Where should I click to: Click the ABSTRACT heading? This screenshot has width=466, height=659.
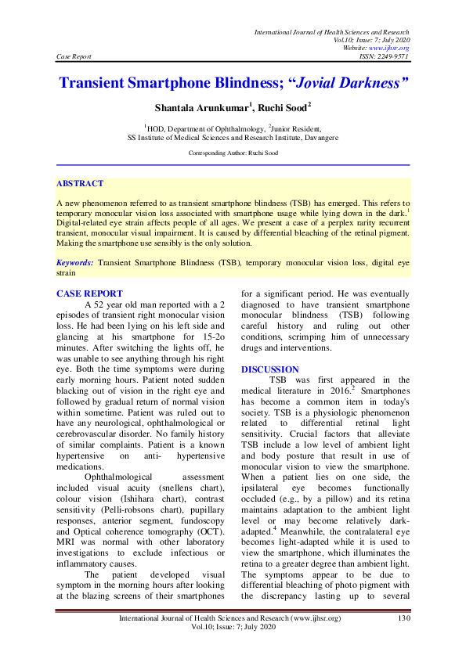coord(79,183)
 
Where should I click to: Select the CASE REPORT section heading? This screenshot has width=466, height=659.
coord(89,293)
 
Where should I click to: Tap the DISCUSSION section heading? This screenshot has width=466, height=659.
coord(269,369)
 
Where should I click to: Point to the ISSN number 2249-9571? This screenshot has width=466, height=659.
coord(394,56)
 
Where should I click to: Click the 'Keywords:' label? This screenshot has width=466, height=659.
coord(75,264)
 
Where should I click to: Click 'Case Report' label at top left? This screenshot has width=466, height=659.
coord(74,56)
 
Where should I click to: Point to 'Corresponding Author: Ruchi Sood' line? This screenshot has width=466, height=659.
coord(233,153)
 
